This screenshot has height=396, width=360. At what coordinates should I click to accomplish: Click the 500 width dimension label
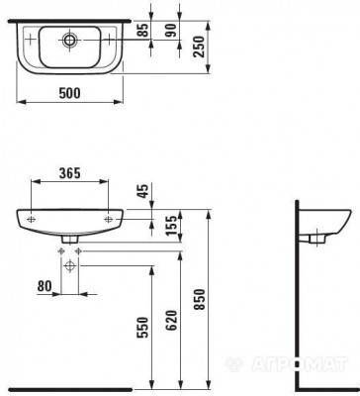coord(69,93)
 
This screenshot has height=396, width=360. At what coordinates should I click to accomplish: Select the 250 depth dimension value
coord(200,47)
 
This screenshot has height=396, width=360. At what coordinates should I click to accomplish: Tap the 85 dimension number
coord(143,31)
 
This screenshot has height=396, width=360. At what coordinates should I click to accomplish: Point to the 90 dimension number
coord(171,31)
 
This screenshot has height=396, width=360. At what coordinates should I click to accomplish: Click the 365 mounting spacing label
coord(69,173)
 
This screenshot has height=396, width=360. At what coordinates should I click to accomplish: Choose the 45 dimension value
coord(143,190)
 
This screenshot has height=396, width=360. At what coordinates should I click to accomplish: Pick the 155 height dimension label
coord(171,226)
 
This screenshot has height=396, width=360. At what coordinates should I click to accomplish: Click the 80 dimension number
coord(45,286)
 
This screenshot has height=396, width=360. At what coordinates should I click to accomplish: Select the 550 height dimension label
coord(143,328)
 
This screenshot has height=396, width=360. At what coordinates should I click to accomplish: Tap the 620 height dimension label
coord(171,321)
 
